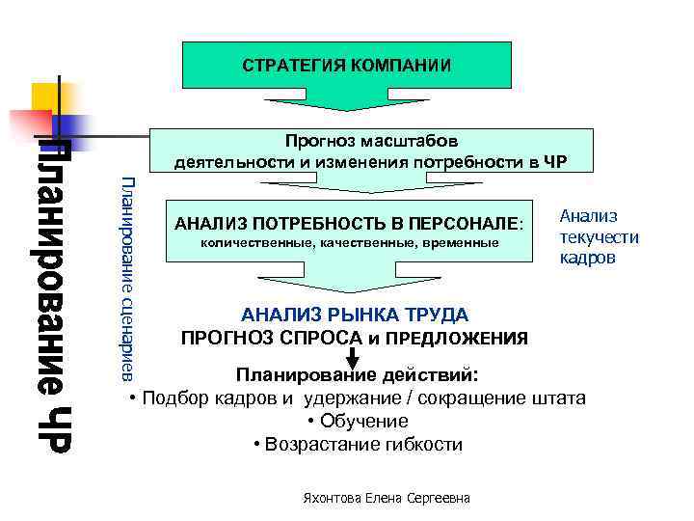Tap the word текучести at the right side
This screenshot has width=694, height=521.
point(600,237)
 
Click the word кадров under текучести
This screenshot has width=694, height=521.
point(587,259)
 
